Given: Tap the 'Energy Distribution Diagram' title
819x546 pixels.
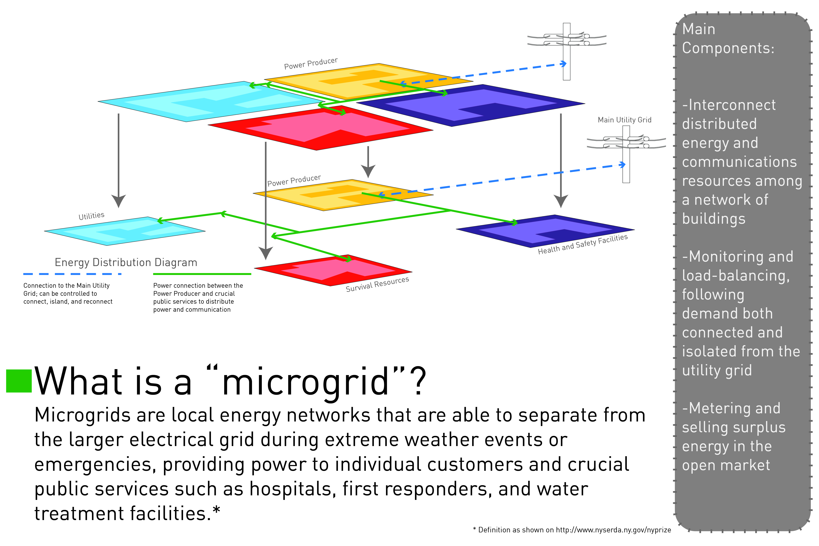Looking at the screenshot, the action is (126, 262).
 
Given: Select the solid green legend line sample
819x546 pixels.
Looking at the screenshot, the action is (202, 274).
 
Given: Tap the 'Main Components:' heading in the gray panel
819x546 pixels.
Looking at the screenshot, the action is (728, 38).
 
